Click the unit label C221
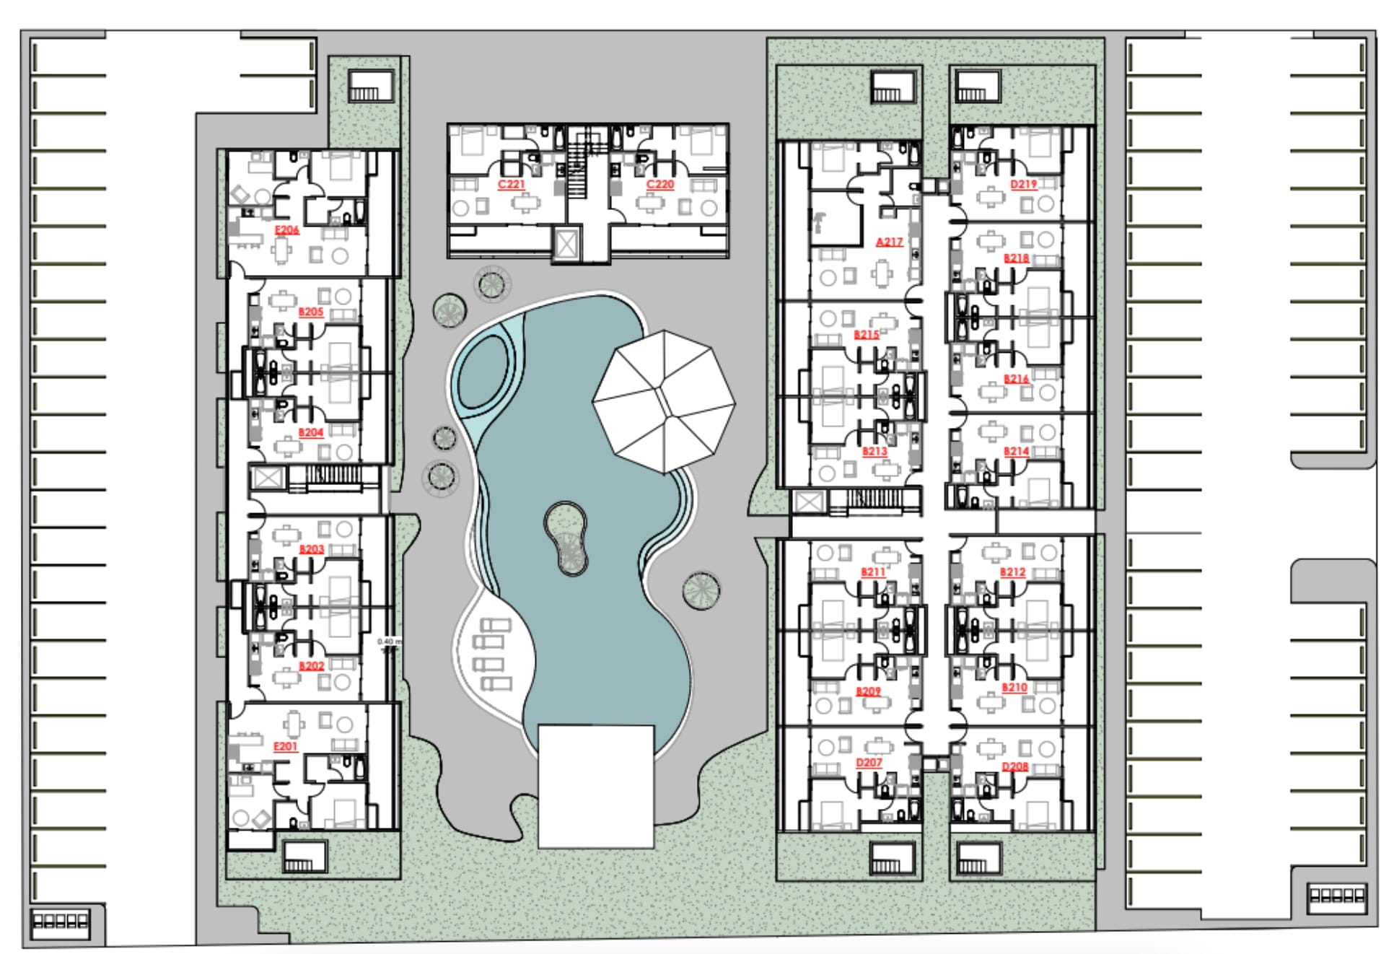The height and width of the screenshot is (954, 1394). (512, 185)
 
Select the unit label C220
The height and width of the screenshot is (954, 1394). (659, 185)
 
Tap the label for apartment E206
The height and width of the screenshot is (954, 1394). (286, 230)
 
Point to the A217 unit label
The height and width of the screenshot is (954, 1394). (889, 242)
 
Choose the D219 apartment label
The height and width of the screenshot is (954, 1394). (1023, 185)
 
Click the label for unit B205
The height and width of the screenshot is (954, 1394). (311, 312)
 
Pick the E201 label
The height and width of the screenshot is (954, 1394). (286, 747)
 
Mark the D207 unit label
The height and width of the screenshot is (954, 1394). (869, 763)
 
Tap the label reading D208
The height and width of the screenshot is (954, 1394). (1014, 767)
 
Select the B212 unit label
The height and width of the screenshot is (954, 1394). (1012, 572)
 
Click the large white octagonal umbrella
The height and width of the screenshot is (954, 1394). (664, 401)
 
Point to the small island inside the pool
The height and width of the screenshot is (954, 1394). (566, 538)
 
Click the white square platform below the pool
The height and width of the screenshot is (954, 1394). (596, 787)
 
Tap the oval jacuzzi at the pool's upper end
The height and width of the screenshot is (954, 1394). (483, 373)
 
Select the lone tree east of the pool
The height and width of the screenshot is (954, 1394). (701, 590)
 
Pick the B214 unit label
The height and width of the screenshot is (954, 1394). (1016, 452)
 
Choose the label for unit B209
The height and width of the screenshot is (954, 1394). (868, 691)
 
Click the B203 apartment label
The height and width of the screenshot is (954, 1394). (312, 550)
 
